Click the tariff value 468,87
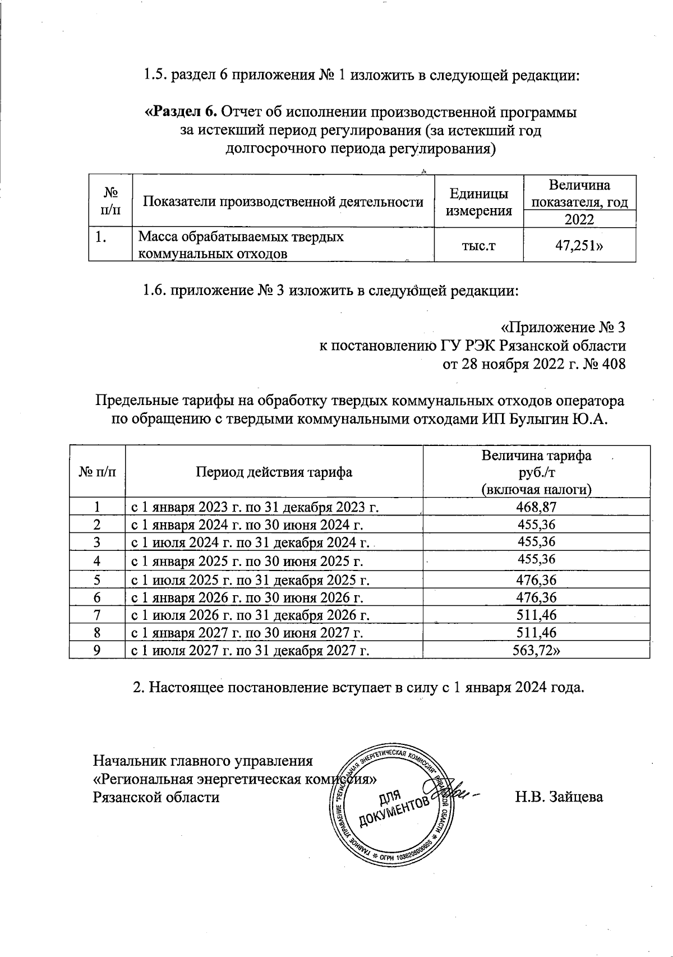[536, 508]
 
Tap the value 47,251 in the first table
[578, 246]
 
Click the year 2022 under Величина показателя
[579, 219]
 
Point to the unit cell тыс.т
[478, 246]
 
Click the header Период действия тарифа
[274, 472]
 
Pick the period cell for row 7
[250, 615]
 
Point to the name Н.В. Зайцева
[559, 797]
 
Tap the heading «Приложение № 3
[562, 327]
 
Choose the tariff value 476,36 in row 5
[536, 579]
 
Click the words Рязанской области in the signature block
[156, 797]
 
